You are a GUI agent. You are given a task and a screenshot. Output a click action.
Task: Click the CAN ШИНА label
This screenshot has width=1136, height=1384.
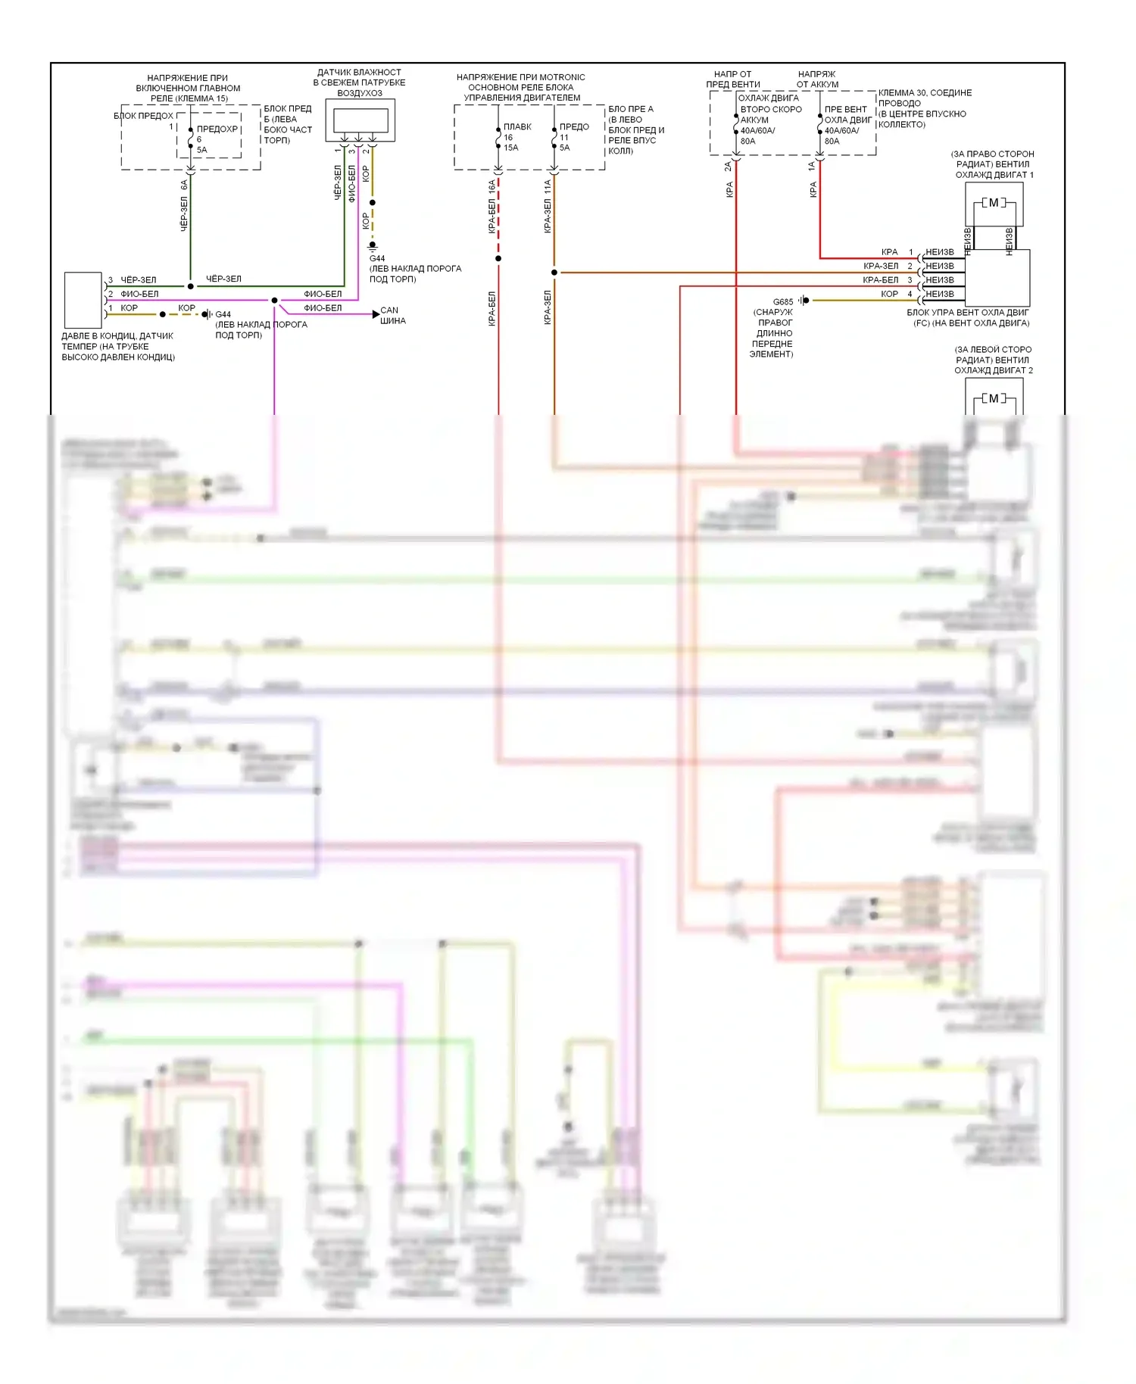tap(392, 315)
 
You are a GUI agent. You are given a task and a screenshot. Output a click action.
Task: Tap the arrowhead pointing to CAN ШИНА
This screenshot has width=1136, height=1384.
tap(376, 314)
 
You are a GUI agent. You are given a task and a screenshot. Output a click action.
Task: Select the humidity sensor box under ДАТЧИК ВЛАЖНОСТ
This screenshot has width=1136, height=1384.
tap(360, 120)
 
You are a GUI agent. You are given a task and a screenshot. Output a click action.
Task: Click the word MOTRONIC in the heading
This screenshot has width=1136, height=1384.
tap(562, 77)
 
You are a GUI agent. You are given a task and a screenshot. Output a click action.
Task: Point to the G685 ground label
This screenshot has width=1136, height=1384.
tap(783, 301)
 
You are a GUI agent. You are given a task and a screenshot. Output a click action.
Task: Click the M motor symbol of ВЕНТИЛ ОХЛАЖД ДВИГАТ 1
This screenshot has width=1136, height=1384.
tap(994, 203)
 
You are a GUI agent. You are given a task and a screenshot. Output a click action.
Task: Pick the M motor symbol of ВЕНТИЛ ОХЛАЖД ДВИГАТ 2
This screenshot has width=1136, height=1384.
tap(994, 399)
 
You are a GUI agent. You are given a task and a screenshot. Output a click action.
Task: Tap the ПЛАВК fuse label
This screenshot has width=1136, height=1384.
tap(517, 127)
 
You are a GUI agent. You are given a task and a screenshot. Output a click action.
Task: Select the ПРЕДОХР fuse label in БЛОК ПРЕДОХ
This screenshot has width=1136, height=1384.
tap(217, 129)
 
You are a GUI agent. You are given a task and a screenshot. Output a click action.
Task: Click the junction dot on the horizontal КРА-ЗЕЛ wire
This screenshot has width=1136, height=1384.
tap(554, 273)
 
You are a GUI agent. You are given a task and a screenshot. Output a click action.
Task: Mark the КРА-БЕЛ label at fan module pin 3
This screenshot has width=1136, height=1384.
tap(880, 280)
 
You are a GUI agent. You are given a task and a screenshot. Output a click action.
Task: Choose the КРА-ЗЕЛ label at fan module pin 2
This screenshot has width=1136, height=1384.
tap(880, 267)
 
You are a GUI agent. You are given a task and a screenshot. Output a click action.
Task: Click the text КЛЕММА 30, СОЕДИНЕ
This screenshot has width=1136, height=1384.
tap(925, 93)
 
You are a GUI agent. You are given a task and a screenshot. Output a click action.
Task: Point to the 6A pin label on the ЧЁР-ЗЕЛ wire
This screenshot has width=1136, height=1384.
tap(184, 185)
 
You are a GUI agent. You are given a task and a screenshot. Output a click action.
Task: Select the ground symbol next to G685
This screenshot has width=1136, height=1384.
tap(804, 301)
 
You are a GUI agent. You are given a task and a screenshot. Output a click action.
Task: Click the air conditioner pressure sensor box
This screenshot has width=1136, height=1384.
tap(83, 300)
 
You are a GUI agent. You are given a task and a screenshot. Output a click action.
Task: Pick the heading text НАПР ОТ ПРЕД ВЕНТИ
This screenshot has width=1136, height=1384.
tap(732, 79)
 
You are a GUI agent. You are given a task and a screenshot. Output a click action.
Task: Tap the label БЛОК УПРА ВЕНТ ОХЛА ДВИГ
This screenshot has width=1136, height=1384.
tap(967, 313)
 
